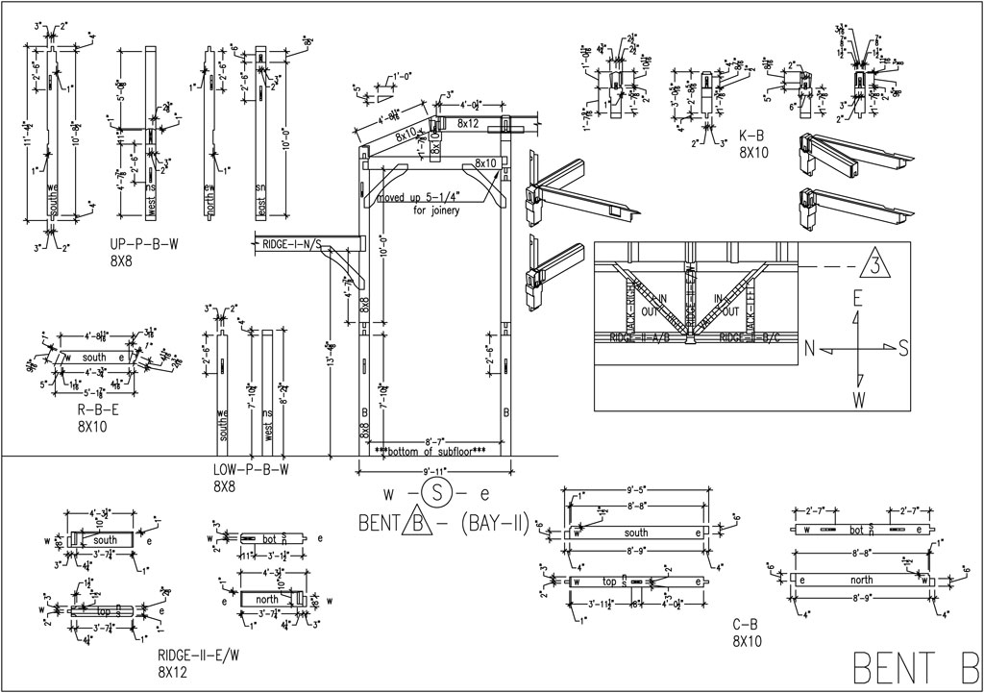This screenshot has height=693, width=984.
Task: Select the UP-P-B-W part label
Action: [144, 244]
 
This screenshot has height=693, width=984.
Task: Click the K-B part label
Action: [751, 136]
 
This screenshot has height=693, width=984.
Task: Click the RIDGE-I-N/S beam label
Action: [292, 242]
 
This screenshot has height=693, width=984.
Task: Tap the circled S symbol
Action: [438, 495]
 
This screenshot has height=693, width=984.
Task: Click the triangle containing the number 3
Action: [875, 263]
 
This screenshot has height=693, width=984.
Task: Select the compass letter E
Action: [856, 299]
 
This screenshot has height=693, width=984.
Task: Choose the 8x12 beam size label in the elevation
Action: [468, 123]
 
